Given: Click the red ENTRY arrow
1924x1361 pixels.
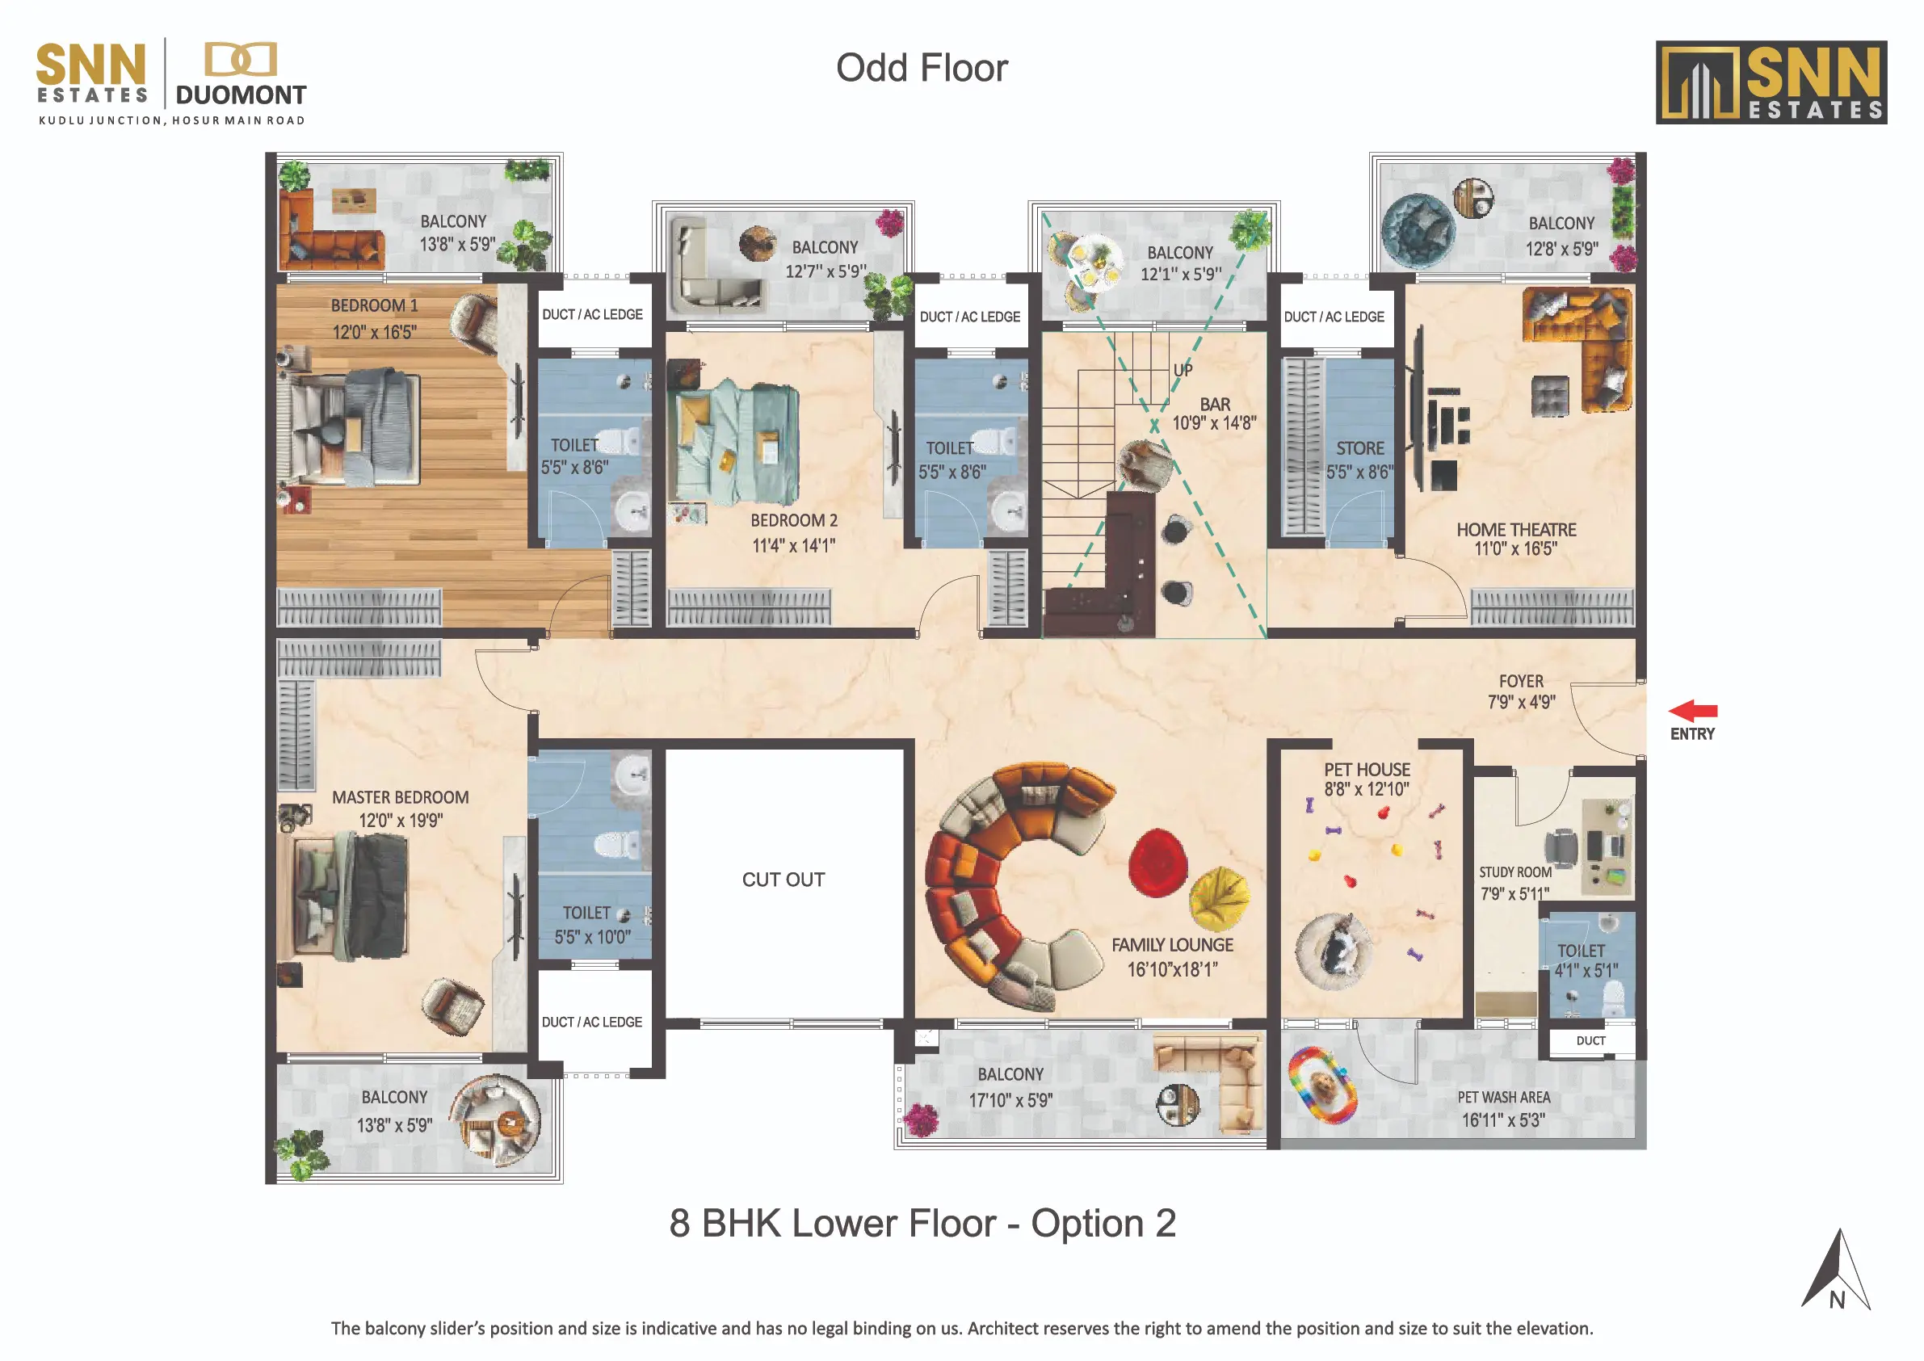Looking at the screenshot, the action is (x=1693, y=711).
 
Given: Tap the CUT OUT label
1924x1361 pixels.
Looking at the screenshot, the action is (x=783, y=879).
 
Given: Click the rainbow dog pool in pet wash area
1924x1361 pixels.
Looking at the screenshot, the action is (x=1322, y=1087).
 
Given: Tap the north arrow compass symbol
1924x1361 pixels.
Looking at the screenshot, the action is (x=1836, y=1271).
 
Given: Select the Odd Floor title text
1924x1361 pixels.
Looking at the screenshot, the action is (x=922, y=68).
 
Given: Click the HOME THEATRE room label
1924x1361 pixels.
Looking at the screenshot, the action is (x=1516, y=530).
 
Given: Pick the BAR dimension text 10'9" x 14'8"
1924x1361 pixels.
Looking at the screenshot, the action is (x=1214, y=423).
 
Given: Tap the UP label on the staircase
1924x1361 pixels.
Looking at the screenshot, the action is (x=1183, y=370).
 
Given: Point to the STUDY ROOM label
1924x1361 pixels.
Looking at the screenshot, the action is (x=1515, y=872).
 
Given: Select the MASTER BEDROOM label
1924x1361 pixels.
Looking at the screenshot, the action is (x=401, y=797).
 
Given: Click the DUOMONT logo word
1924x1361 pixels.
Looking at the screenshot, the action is (x=241, y=95).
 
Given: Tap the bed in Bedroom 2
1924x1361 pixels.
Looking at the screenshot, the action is (x=736, y=443).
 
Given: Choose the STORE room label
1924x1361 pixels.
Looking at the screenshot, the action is (x=1360, y=448).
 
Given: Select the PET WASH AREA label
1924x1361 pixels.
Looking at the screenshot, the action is (x=1503, y=1097).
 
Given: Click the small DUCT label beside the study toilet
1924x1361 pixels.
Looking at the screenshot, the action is (x=1590, y=1041).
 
